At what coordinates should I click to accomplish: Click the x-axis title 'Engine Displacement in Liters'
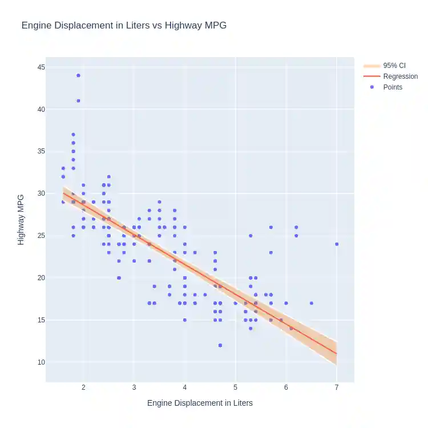click(x=200, y=403)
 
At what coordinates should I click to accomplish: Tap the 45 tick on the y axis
click(x=42, y=67)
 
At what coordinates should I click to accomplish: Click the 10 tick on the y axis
click(x=42, y=362)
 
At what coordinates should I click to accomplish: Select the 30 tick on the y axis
click(x=42, y=193)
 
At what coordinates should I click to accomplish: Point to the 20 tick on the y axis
click(x=42, y=278)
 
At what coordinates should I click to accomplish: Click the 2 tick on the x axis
click(x=84, y=388)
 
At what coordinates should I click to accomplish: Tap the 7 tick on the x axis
click(x=337, y=388)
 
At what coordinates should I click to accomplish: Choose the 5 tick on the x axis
click(x=235, y=388)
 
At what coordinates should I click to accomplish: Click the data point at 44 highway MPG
click(x=78, y=75)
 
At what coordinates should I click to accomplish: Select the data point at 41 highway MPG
click(x=78, y=100)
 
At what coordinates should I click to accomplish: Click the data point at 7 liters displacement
click(x=337, y=244)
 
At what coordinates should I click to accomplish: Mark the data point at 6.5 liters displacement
click(x=311, y=303)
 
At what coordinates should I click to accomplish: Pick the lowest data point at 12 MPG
click(x=220, y=345)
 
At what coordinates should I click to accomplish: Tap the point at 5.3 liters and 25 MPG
click(x=251, y=236)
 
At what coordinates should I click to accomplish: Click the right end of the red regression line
click(x=337, y=354)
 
